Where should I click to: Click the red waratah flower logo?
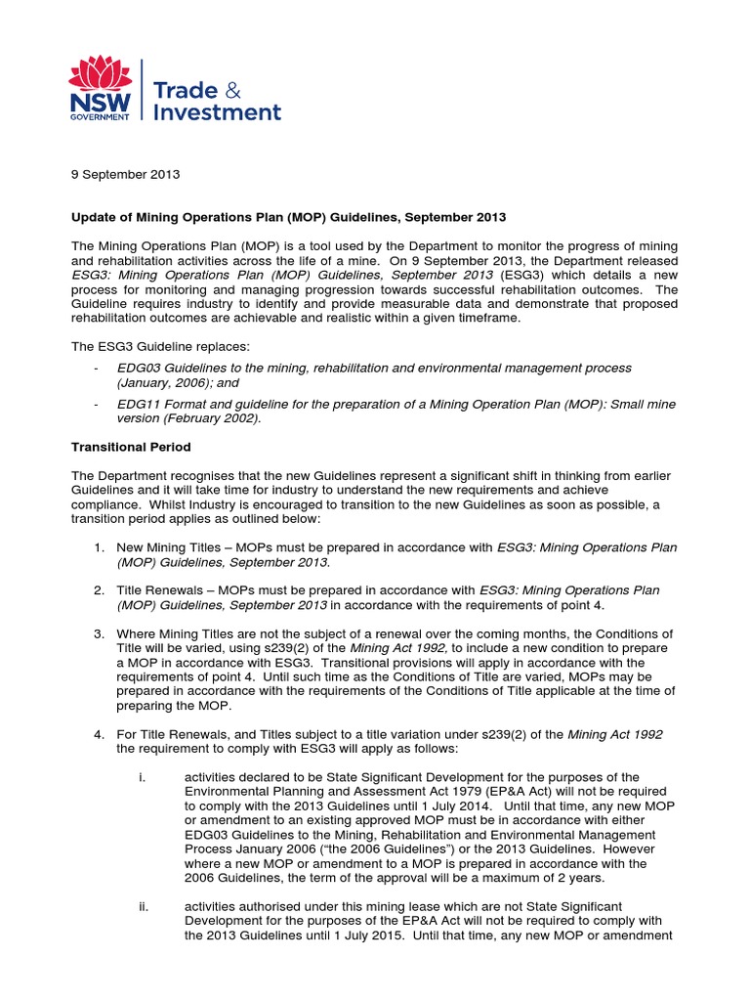[99, 73]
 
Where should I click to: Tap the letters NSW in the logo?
[98, 103]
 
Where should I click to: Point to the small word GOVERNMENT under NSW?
[99, 117]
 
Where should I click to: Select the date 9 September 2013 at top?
[125, 175]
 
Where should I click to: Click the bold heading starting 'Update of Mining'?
[288, 215]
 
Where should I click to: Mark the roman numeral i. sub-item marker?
[143, 777]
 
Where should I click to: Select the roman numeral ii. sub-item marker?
[144, 906]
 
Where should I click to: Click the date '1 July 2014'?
[427, 806]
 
